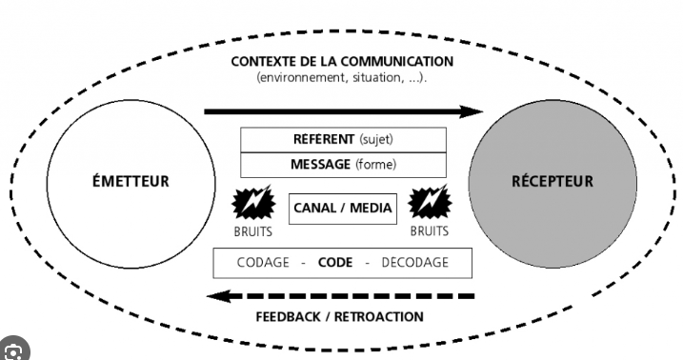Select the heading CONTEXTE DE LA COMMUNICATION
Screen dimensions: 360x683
point(342,62)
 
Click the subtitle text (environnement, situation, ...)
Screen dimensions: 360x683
point(342,77)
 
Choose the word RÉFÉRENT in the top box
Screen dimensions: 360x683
point(324,139)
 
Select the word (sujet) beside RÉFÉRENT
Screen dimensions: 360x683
point(375,139)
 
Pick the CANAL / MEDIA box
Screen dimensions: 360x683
point(342,208)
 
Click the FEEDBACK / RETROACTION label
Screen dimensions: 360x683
point(341,316)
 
